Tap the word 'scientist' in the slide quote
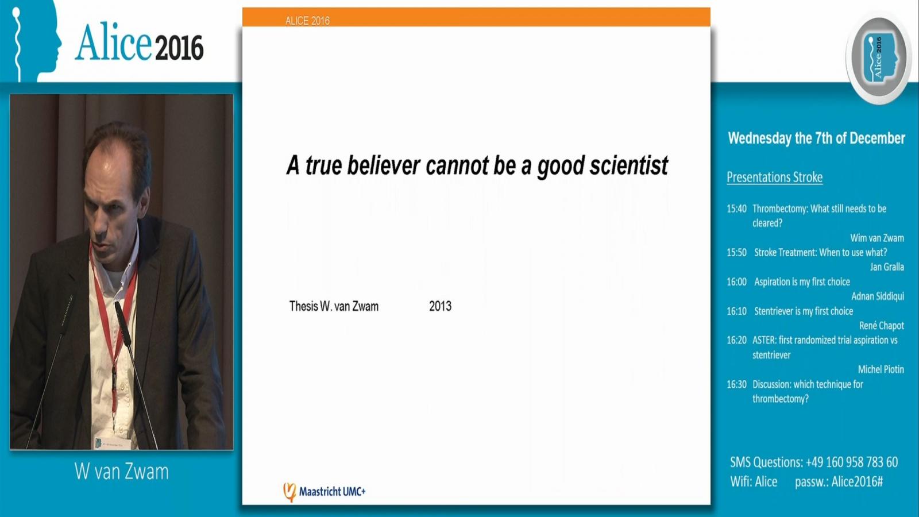pos(629,165)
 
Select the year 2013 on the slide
pos(440,306)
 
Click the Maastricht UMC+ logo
pos(324,492)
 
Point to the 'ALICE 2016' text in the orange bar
pos(307,21)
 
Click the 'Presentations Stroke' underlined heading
pos(775,178)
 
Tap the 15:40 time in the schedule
pos(737,209)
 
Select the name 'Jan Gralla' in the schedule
pos(887,267)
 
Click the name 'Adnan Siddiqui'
pos(878,296)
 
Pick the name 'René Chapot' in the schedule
pos(882,325)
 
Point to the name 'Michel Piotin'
pos(881,369)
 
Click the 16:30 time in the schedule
pos(737,384)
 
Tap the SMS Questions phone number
pos(852,462)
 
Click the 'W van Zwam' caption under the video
pos(121,472)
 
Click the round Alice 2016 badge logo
pos(879,57)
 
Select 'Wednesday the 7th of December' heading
pos(816,138)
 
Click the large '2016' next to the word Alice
pos(180,47)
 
